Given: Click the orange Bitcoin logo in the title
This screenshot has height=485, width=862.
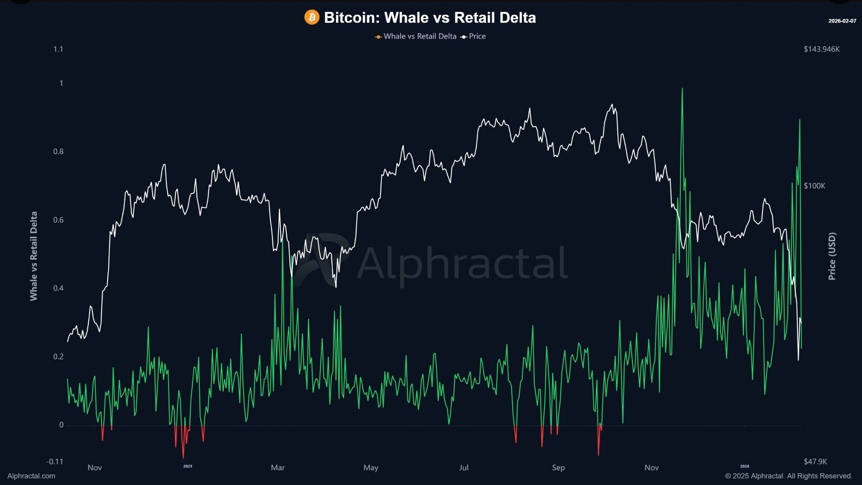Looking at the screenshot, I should click(312, 17).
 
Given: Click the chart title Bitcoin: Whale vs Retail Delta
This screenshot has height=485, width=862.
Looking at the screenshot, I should click(430, 18).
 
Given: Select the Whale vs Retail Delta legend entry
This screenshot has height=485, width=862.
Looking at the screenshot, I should click(420, 36).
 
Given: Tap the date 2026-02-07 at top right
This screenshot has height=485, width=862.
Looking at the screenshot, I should click(842, 21).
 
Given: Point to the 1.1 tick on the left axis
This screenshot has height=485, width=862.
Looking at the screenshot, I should click(58, 49).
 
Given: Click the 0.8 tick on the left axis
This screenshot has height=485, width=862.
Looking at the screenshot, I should click(58, 151).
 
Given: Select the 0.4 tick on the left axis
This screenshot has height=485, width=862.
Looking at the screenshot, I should click(58, 288).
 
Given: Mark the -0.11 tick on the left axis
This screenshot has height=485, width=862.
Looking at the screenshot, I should click(55, 461).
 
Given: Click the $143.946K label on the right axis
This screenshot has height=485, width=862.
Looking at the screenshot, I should click(822, 49).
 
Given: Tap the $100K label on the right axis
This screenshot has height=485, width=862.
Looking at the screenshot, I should click(814, 186).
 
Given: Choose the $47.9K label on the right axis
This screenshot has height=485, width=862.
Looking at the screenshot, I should click(815, 461).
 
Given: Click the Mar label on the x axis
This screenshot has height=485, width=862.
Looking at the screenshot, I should click(278, 467).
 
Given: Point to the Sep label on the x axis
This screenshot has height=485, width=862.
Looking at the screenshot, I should click(558, 467).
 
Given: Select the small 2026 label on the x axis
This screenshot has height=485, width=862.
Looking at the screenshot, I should click(744, 466).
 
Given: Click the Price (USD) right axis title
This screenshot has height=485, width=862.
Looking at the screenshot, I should click(832, 256).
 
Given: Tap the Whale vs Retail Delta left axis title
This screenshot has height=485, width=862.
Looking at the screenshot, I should click(34, 256).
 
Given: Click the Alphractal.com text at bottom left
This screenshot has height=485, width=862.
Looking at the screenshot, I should click(32, 476).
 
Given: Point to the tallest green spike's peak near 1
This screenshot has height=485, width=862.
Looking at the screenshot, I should click(682, 89).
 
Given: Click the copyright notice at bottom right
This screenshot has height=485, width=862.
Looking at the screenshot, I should click(788, 476).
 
